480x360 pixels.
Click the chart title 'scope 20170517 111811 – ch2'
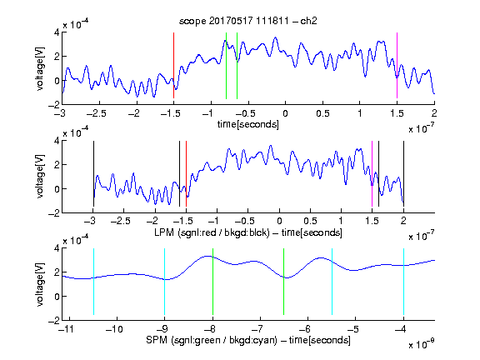click(248, 21)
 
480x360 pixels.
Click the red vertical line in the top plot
click(173, 66)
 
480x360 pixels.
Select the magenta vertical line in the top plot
click(397, 66)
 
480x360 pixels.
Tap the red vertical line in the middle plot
click(186, 174)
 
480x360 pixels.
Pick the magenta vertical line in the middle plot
click(372, 174)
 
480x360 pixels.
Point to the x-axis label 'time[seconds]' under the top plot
click(248, 124)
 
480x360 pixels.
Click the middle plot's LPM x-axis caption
click(248, 232)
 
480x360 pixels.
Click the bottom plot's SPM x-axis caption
click(248, 340)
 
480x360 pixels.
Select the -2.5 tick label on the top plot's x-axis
click(97, 113)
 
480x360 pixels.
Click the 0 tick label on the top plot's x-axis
click(285, 113)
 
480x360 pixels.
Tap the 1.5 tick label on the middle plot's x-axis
click(372, 221)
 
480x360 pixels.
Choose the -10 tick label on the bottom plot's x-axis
click(114, 329)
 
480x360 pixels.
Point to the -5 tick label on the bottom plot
click(352, 329)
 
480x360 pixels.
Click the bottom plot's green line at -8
click(212, 282)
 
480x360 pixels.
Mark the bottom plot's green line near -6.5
click(284, 282)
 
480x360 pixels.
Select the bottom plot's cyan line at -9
click(165, 282)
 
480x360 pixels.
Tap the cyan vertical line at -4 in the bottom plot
click(404, 282)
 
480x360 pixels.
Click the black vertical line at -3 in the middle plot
click(93, 174)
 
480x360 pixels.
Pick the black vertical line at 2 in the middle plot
click(404, 174)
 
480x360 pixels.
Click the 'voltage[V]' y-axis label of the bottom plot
click(40, 285)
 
